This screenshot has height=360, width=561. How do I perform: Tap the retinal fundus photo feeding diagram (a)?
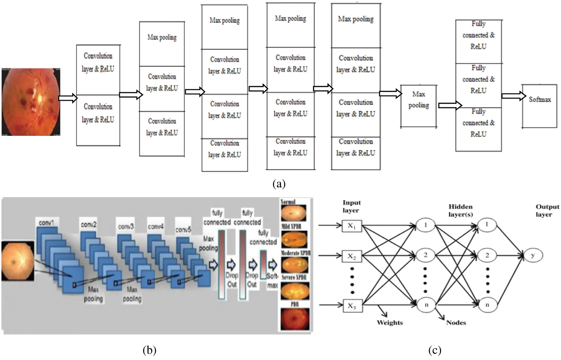(x=31, y=102)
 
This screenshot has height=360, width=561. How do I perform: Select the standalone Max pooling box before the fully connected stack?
(x=418, y=106)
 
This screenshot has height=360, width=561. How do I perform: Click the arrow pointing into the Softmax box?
(x=514, y=96)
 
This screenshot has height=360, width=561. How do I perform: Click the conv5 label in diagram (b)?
(x=183, y=230)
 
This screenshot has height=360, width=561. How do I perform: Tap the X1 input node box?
(x=352, y=226)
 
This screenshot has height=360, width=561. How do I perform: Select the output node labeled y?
(x=533, y=255)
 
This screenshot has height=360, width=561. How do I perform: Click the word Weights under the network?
(x=390, y=323)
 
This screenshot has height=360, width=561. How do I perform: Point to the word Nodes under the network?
(x=456, y=323)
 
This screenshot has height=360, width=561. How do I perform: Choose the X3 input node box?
(x=352, y=306)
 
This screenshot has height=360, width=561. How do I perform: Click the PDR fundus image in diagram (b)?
(x=295, y=319)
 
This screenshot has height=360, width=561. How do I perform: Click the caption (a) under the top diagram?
(x=279, y=184)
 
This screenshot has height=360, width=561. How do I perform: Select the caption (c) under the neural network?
(x=434, y=350)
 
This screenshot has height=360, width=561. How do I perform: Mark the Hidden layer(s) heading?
(x=460, y=210)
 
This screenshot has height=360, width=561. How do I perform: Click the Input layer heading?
(x=351, y=206)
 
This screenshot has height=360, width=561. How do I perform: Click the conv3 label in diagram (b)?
(x=126, y=227)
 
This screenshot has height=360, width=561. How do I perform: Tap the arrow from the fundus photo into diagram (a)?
(x=68, y=98)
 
